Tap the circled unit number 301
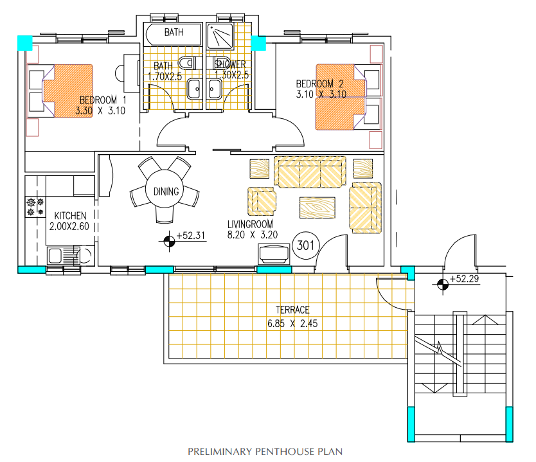[306, 245]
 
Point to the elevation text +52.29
[464, 278]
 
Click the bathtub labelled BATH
[174, 34]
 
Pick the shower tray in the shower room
[220, 36]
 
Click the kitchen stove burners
[35, 207]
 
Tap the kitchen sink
[64, 256]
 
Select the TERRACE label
[292, 310]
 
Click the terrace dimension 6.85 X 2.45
[292, 323]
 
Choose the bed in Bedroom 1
[67, 91]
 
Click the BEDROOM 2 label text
[319, 84]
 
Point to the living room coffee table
[317, 208]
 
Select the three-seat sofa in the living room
[310, 172]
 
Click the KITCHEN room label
[70, 216]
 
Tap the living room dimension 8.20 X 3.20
[253, 235]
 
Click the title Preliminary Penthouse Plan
[265, 452]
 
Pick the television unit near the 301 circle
[274, 254]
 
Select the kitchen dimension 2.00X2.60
[69, 226]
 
